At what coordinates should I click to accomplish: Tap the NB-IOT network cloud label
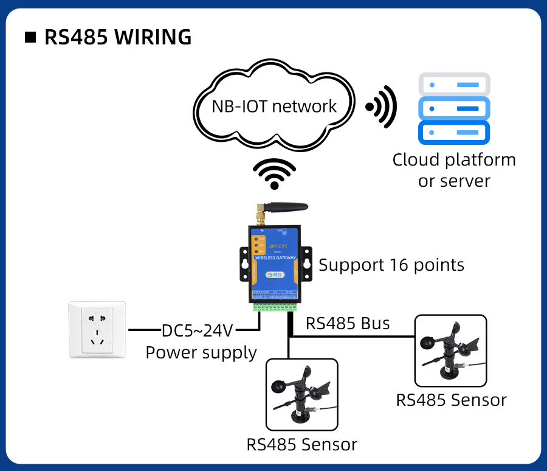click(273, 106)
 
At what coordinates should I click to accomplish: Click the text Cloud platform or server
click(453, 170)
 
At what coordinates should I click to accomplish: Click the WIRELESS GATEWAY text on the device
click(275, 258)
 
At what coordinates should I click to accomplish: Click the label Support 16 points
click(391, 265)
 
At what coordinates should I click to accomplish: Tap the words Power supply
click(201, 353)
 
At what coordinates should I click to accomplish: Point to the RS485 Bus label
click(348, 323)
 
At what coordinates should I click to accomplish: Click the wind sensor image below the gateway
click(301, 394)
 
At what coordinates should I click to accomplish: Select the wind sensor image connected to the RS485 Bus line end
click(450, 351)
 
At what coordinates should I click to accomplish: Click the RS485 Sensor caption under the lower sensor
click(301, 444)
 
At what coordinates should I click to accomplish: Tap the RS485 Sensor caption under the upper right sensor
click(451, 400)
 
